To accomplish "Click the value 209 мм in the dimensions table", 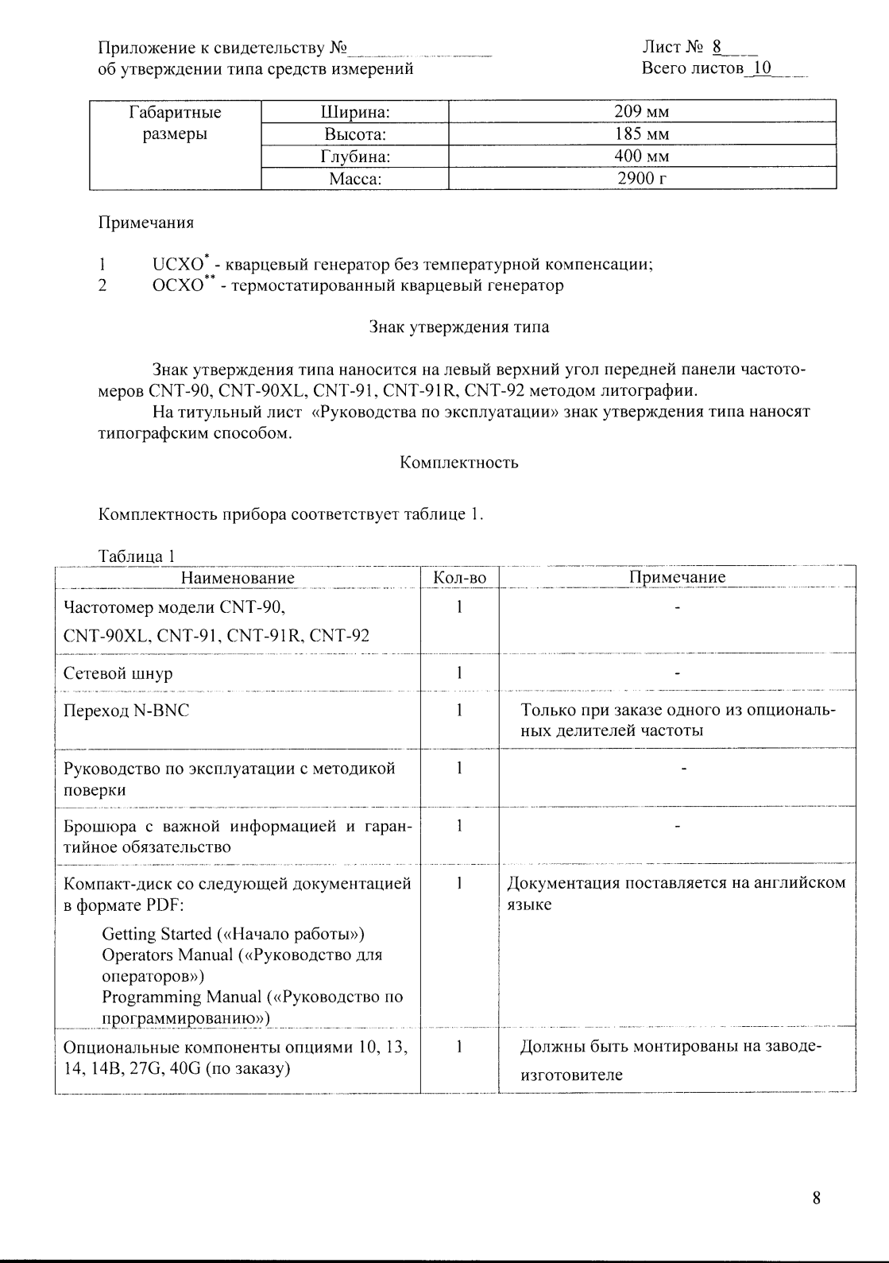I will pos(642,112).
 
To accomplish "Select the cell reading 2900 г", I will pos(642,179).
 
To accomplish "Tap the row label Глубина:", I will pos(355,157).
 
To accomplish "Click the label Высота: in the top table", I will pos(355,134).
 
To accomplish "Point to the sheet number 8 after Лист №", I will pos(716,47).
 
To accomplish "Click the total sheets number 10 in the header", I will pos(761,68).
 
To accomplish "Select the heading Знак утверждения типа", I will pos(459,327).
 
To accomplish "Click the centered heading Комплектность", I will pos(459,463).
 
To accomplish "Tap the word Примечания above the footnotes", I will pos(145,223).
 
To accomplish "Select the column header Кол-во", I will pos(460,578).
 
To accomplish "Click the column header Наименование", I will pos(238,578).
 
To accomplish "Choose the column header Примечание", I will pos(677,578).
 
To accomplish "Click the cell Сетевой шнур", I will pos(118,674).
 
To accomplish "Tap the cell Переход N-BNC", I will pos(126,711).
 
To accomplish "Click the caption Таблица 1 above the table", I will pos(135,556).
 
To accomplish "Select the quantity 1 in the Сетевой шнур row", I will pos(460,673).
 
